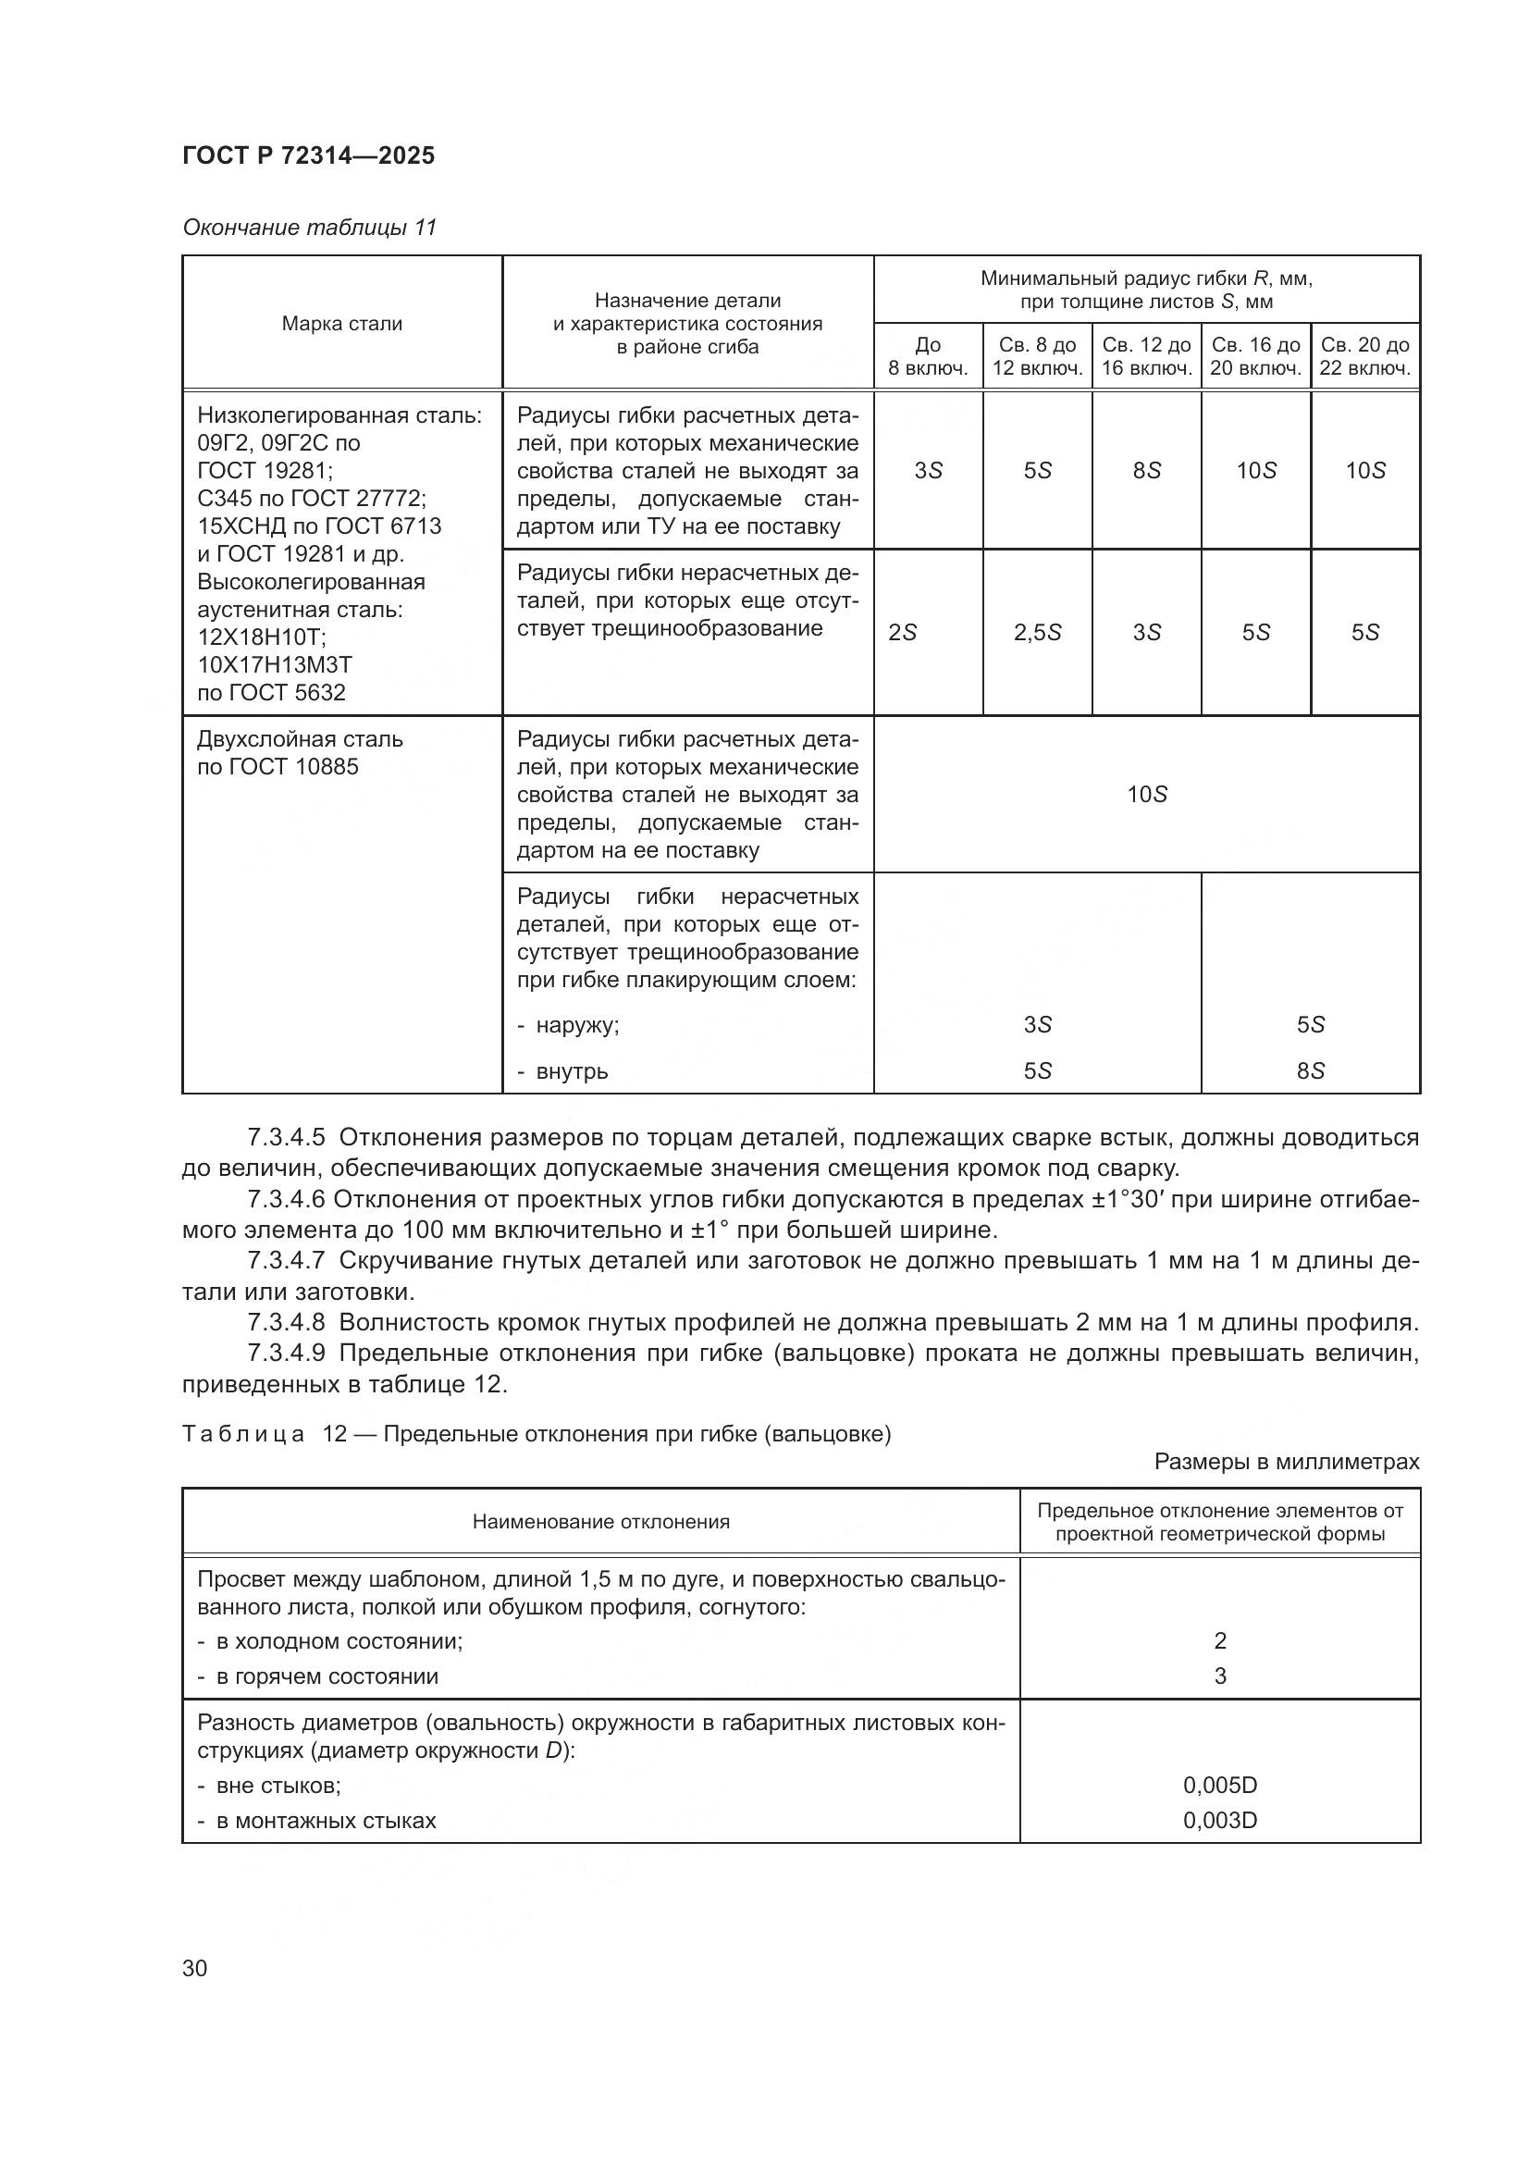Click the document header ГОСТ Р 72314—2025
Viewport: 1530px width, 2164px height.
308,155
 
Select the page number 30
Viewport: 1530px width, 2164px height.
195,1968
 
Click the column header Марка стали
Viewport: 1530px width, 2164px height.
342,323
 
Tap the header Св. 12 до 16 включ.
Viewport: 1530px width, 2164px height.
1146,356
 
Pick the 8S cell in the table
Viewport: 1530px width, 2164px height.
1146,470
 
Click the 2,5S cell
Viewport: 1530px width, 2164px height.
1037,633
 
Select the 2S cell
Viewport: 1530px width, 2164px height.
903,633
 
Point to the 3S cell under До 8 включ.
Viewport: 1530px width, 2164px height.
928,470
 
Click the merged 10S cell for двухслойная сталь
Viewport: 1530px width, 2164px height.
1146,795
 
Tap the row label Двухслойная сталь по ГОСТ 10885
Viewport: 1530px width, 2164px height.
300,752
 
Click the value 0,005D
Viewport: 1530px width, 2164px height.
1220,1785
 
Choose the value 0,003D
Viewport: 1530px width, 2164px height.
1220,1820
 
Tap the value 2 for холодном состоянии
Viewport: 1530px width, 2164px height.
1220,1641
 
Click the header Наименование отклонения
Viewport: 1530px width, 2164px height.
601,1522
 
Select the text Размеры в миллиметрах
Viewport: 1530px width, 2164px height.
1286,1462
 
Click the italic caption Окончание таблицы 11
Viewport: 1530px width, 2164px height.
309,228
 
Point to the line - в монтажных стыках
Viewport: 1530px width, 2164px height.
316,1820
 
